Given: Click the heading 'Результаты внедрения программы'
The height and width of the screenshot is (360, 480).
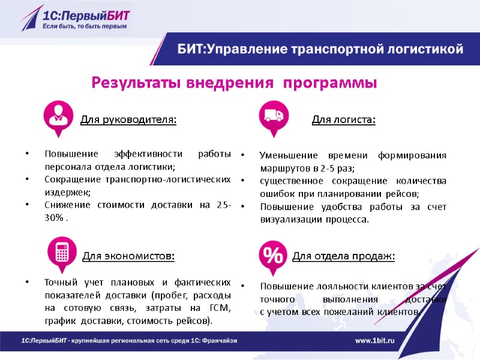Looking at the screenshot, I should (x=234, y=82).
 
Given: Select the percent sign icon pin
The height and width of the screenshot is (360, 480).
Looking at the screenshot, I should (x=274, y=254).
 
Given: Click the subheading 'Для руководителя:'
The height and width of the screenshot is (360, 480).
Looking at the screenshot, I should (x=128, y=120).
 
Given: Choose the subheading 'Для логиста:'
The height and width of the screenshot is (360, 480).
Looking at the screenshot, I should (x=344, y=120).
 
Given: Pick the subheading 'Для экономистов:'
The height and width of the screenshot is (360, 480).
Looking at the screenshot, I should (x=128, y=257).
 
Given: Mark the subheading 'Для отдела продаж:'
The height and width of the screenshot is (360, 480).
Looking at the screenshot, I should (x=344, y=257).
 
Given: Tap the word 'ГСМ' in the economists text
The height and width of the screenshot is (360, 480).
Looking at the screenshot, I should (x=220, y=308).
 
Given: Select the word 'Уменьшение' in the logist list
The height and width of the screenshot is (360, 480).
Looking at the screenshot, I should (x=279, y=155).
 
